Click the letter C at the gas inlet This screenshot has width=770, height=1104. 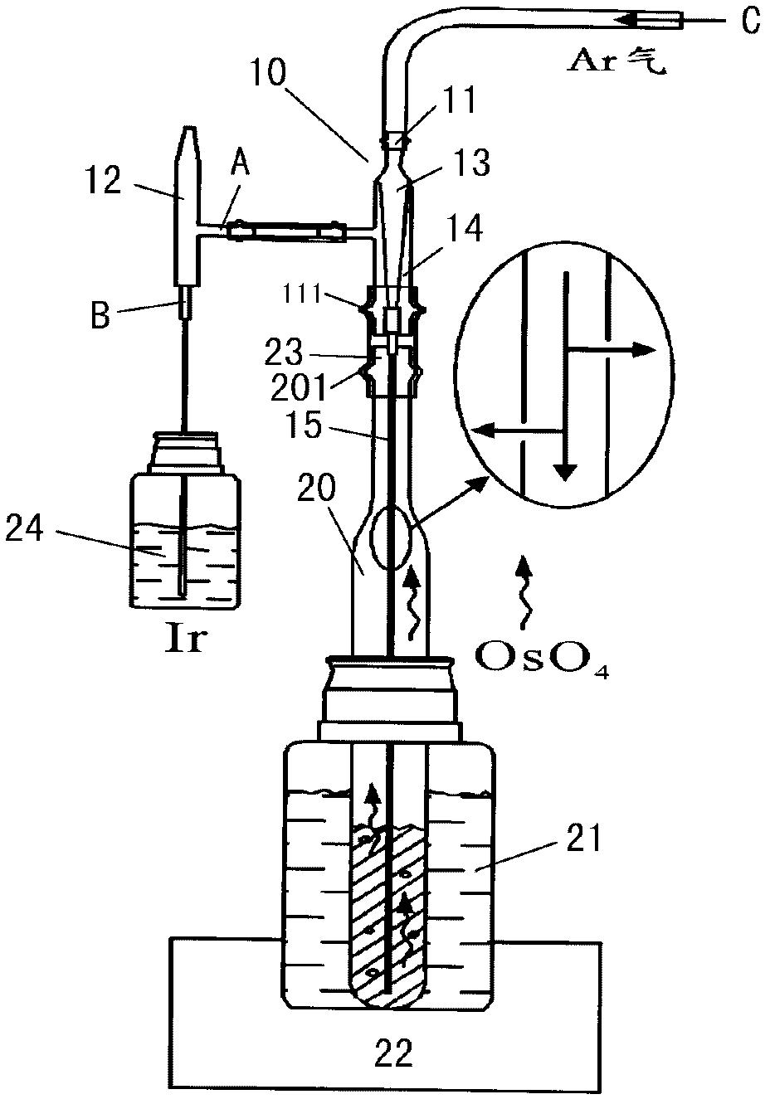pos(749,21)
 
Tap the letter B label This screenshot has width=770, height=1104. pos(100,315)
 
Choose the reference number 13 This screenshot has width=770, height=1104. pos(470,163)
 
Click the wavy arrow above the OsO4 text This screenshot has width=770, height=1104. pos(523,593)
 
